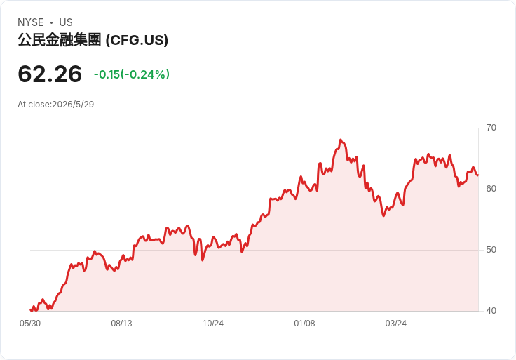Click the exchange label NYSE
31,22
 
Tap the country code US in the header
66,22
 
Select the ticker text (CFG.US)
137,40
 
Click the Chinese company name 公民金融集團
59,40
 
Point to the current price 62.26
50,74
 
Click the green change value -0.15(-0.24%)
132,74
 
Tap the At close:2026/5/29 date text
56,105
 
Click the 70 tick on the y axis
491,128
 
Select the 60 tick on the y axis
491,189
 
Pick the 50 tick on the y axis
491,250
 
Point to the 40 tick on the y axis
491,311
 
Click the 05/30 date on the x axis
30,324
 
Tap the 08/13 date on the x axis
121,324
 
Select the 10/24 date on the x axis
213,324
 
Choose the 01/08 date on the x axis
304,324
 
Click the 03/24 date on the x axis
396,324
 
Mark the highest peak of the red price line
341,140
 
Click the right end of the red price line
478,175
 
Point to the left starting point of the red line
31,310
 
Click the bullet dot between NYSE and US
51,22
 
